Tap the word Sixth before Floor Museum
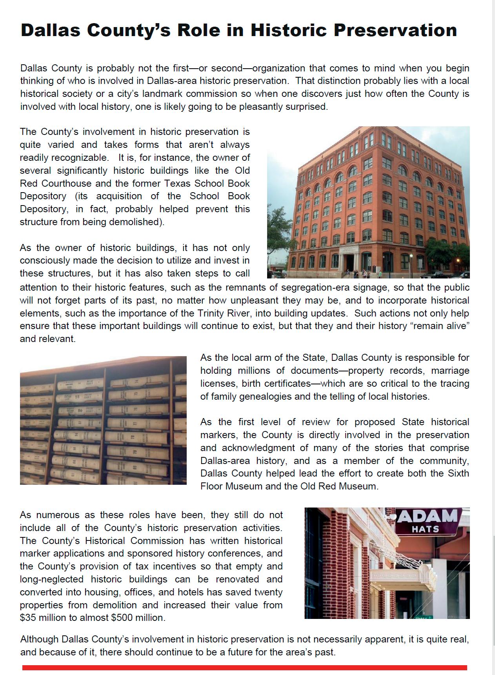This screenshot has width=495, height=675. [x=458, y=473]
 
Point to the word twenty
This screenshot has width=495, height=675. [x=266, y=592]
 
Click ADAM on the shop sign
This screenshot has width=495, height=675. [x=428, y=517]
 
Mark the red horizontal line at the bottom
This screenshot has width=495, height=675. [x=245, y=668]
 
